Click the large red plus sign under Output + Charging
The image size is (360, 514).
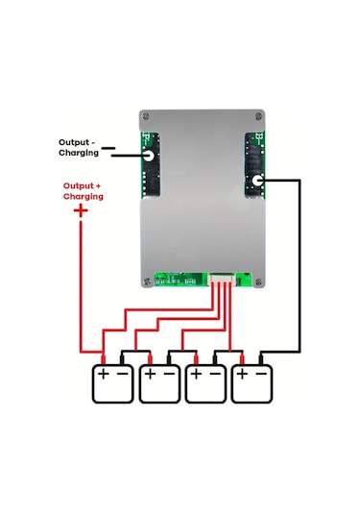pyautogui.click(x=80, y=207)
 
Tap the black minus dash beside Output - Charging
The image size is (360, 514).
pyautogui.click(x=108, y=149)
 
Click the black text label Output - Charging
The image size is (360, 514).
pyautogui.click(x=79, y=147)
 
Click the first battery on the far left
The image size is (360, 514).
pyautogui.click(x=112, y=382)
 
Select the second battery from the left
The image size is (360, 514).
pyautogui.click(x=159, y=382)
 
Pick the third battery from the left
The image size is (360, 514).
pyautogui.click(x=206, y=382)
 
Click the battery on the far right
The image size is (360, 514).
pyautogui.click(x=253, y=382)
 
